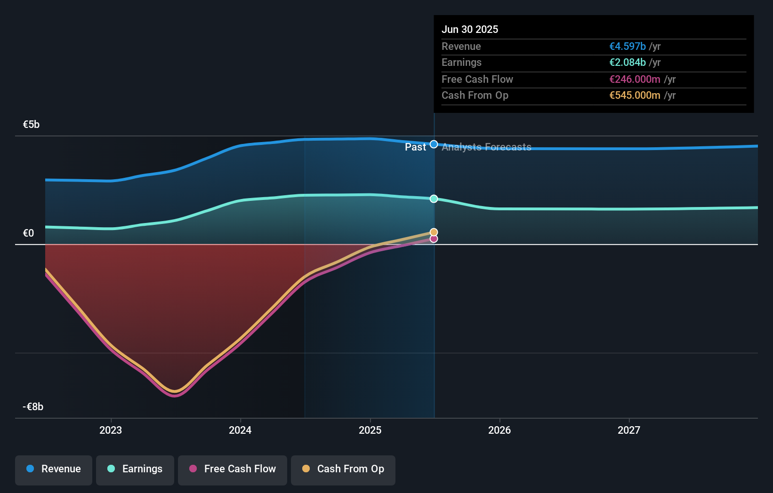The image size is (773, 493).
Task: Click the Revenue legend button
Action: (54, 469)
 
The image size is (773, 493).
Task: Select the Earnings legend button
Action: (135, 469)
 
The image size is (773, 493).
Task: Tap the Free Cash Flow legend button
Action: (233, 469)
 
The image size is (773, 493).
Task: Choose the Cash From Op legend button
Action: (343, 469)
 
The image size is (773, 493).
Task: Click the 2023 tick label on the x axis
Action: (111, 430)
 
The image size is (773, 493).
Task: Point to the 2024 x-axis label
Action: (240, 430)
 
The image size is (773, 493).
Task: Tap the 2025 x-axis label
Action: (370, 430)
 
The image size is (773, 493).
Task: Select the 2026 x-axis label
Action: (499, 430)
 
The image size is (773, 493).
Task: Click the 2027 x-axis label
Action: (629, 430)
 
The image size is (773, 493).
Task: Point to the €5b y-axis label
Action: (32, 125)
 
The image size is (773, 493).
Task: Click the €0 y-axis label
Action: (29, 233)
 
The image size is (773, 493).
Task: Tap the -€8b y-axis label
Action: (33, 407)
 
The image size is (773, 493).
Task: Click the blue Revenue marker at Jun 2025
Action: (434, 144)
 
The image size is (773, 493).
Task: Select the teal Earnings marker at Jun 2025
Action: (434, 199)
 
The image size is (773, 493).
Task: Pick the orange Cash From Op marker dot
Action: (434, 232)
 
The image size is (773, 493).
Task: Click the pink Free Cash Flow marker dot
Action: (434, 239)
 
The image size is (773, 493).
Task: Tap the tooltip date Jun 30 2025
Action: (470, 30)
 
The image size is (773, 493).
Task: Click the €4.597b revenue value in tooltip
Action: (628, 47)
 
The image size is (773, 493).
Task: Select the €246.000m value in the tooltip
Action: (635, 80)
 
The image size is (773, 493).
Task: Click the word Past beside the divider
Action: (415, 147)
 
